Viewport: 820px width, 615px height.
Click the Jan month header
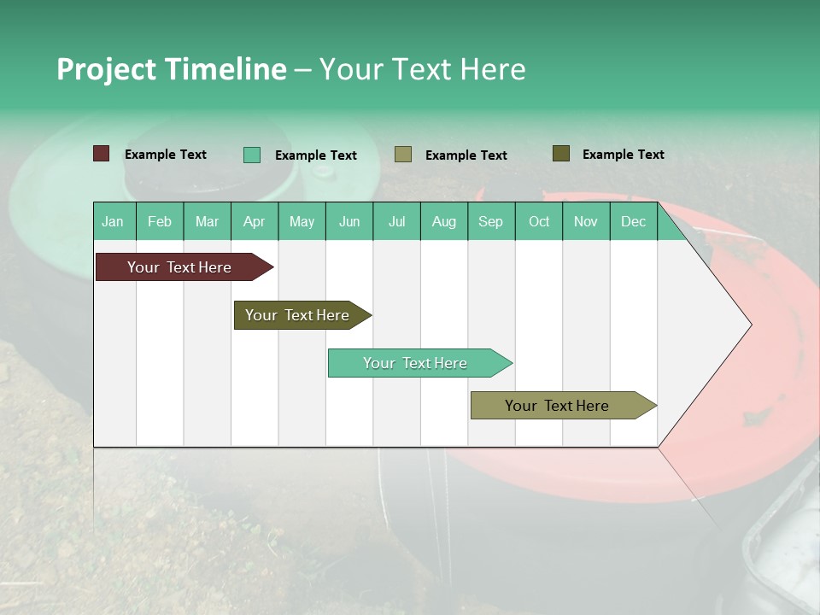tap(113, 221)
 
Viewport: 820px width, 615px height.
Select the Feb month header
tap(160, 221)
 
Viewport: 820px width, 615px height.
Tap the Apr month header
tap(254, 221)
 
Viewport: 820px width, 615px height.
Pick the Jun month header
tap(348, 221)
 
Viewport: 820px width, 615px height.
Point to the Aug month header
tap(443, 221)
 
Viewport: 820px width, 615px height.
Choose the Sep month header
tap(490, 221)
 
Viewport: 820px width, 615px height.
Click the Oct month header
tap(538, 221)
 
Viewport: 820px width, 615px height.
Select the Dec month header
tap(633, 221)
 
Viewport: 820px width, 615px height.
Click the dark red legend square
tap(102, 154)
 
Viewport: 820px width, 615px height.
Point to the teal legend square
tap(252, 155)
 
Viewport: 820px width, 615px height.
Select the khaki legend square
tap(403, 155)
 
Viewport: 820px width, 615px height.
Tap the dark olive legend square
tap(561, 154)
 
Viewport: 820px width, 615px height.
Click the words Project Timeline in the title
tap(172, 69)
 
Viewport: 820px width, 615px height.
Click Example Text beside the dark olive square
tap(623, 155)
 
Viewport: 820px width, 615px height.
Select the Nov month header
tap(585, 221)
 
